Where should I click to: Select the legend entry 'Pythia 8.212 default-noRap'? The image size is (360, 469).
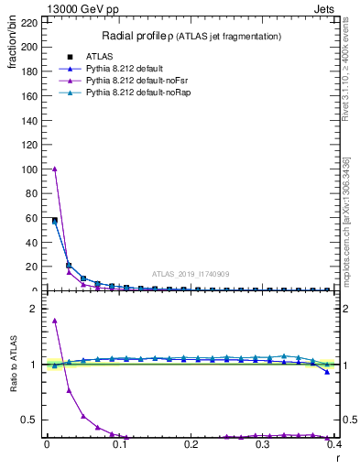[x=143, y=93]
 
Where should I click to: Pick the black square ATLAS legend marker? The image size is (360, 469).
[x=70, y=57]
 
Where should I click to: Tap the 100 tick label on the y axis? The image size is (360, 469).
[x=29, y=169]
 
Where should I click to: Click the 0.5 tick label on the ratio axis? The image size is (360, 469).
[x=32, y=420]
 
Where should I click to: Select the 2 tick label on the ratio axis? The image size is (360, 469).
[x=35, y=309]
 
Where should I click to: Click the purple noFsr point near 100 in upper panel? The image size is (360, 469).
[x=54, y=169]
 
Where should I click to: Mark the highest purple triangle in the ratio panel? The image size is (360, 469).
[x=54, y=321]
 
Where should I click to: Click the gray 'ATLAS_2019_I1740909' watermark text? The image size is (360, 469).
[x=190, y=273]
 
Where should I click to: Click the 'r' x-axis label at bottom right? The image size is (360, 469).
[x=336, y=455]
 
